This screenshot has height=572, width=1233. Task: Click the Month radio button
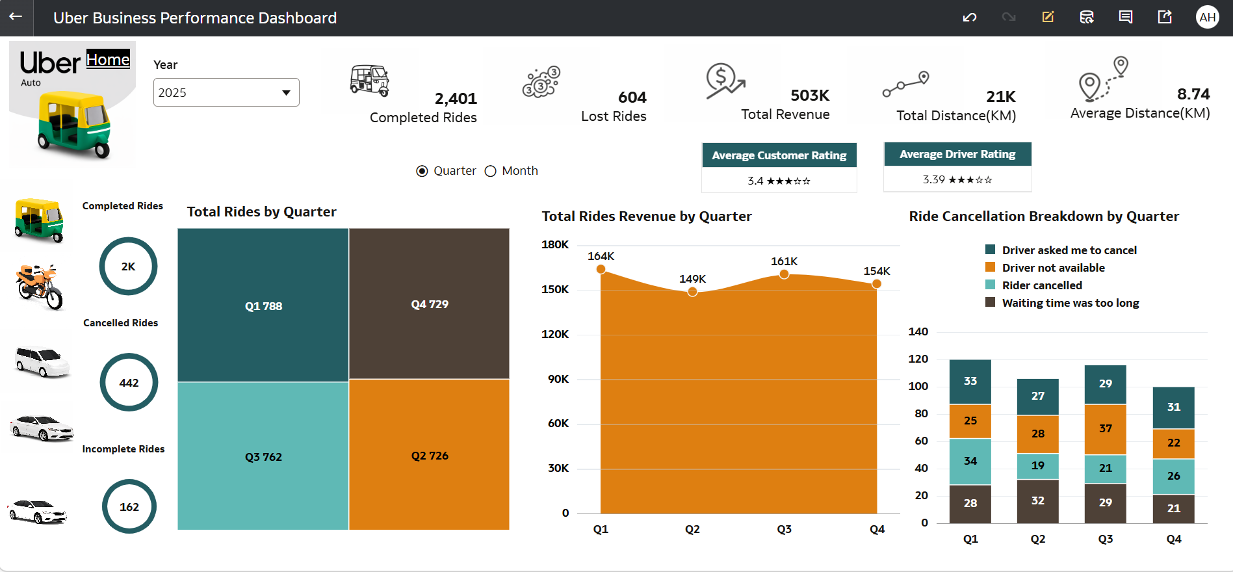pyautogui.click(x=491, y=171)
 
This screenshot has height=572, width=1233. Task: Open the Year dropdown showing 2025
pyautogui.click(x=226, y=92)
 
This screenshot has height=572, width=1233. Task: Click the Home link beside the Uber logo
pyautogui.click(x=108, y=60)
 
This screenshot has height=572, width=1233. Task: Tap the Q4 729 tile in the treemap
pyautogui.click(x=429, y=304)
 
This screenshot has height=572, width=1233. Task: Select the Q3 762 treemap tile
pyautogui.click(x=263, y=456)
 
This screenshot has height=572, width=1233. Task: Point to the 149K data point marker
pyautogui.click(x=692, y=292)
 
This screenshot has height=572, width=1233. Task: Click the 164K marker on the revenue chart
pyautogui.click(x=601, y=269)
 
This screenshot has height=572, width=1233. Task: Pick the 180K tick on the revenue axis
pyautogui.click(x=555, y=244)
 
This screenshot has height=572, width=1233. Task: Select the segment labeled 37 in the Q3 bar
pyautogui.click(x=1105, y=428)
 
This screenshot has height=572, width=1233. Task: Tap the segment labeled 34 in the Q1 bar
pyautogui.click(x=970, y=461)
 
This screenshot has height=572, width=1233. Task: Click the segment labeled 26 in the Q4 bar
pyautogui.click(x=1173, y=476)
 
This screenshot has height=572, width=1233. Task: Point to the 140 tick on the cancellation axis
pyautogui.click(x=918, y=331)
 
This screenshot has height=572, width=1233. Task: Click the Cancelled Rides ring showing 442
pyautogui.click(x=129, y=382)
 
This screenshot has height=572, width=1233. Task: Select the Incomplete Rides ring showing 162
pyautogui.click(x=129, y=506)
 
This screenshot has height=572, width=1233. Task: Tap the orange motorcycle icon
pyautogui.click(x=40, y=287)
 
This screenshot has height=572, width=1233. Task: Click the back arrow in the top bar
pyautogui.click(x=16, y=17)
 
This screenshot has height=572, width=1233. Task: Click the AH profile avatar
pyautogui.click(x=1207, y=17)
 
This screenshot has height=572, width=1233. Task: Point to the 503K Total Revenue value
pyautogui.click(x=809, y=96)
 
